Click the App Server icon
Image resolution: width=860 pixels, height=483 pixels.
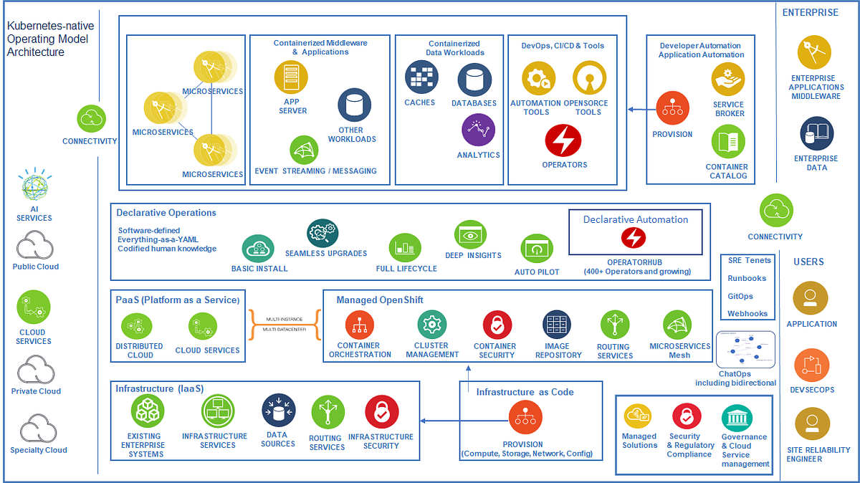(x=291, y=77)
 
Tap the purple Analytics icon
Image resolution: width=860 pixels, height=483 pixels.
(x=479, y=130)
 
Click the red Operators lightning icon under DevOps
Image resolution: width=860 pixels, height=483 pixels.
(x=563, y=140)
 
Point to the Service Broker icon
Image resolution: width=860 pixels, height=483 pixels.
(x=727, y=80)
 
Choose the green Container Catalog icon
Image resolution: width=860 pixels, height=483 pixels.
(x=727, y=141)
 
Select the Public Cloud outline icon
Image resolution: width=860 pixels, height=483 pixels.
(x=34, y=246)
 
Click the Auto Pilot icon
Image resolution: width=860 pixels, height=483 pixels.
(x=537, y=249)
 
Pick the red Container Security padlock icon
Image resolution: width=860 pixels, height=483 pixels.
(x=497, y=325)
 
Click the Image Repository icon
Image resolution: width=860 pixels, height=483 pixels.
(x=556, y=325)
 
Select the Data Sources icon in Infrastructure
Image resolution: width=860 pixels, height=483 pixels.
(x=278, y=411)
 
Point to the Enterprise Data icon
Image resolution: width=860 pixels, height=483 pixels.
(x=816, y=135)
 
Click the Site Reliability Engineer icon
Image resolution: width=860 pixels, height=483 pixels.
(x=811, y=423)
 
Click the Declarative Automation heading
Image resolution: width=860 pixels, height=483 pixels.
(x=635, y=219)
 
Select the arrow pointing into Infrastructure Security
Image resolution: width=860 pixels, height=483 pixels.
(x=439, y=421)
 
